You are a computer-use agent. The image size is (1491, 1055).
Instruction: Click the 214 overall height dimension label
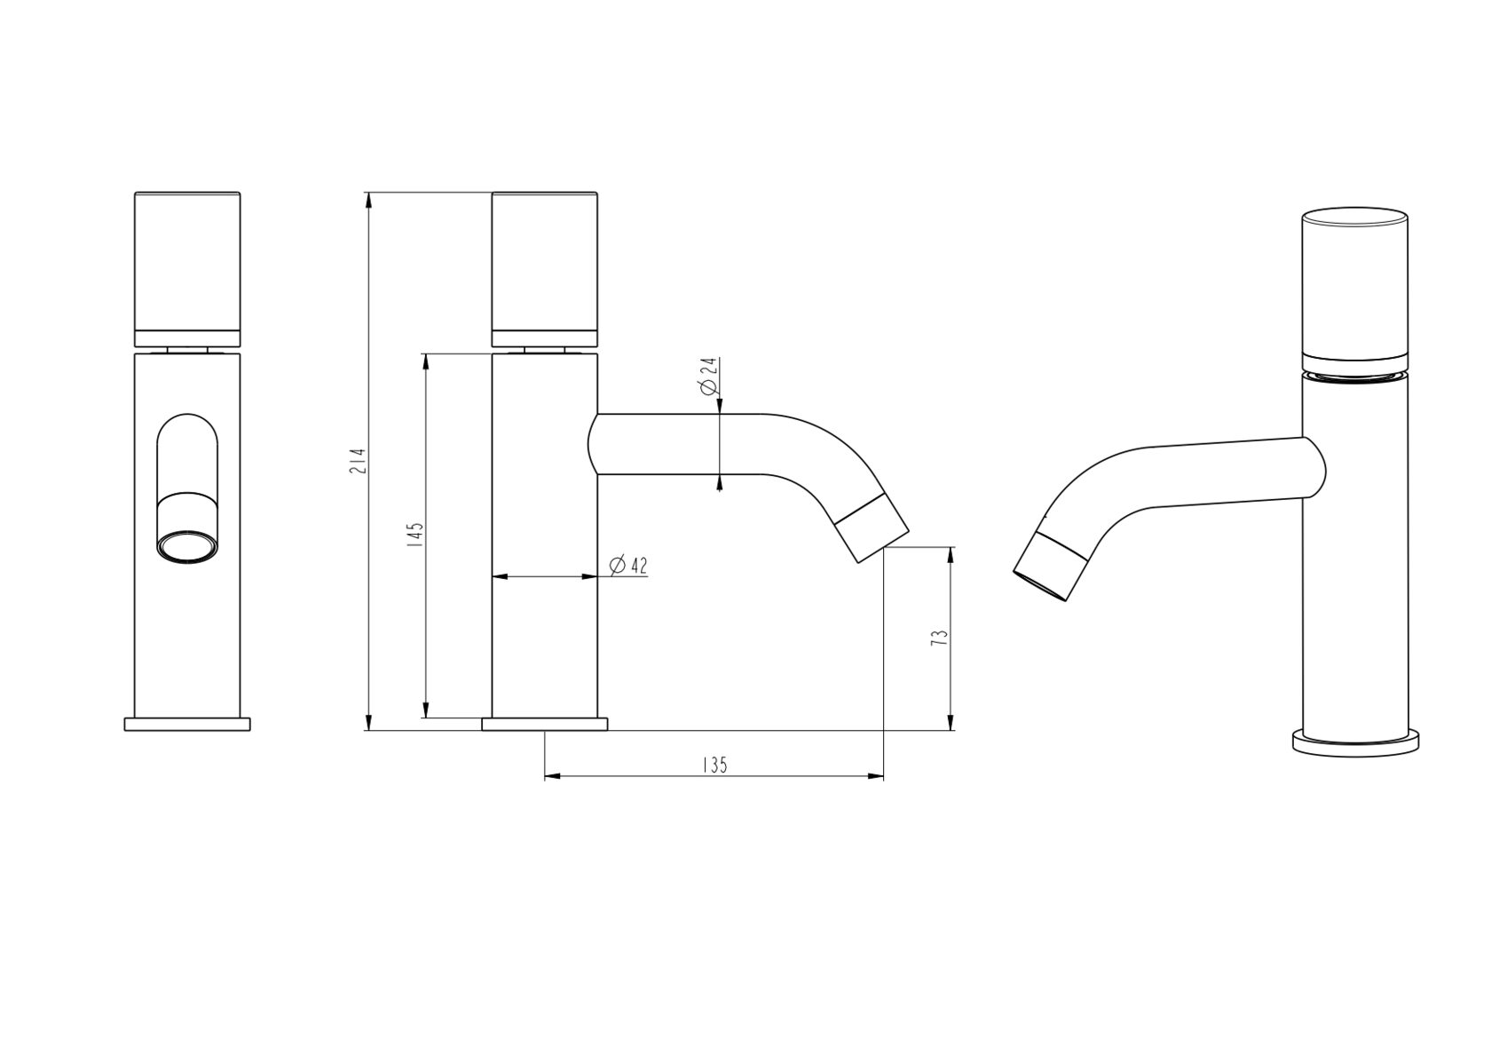tap(359, 460)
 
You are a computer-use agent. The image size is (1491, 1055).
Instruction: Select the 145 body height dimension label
tap(415, 534)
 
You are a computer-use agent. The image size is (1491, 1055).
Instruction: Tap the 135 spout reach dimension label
tap(715, 765)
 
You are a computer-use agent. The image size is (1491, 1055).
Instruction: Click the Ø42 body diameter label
tap(628, 566)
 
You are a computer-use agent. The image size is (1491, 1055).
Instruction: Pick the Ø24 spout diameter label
tap(708, 376)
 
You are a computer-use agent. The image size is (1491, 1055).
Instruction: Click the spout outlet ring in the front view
tap(187, 547)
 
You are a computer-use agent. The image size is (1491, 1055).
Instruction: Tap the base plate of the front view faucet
tap(187, 724)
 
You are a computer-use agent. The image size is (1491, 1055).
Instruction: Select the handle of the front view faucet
tap(187, 270)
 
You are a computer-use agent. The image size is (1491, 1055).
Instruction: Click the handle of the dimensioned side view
tap(545, 270)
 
